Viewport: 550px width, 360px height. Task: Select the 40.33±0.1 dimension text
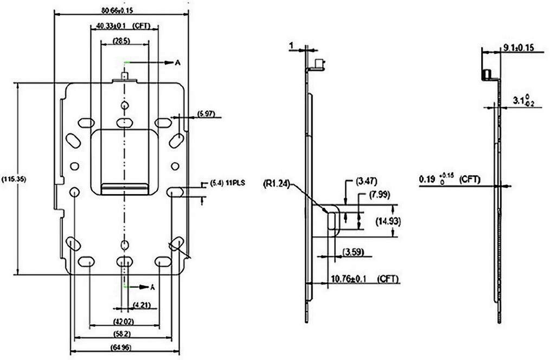112,25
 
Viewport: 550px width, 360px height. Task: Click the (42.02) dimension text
125,321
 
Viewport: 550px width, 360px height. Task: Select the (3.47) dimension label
367,180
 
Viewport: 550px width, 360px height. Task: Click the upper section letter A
177,63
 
